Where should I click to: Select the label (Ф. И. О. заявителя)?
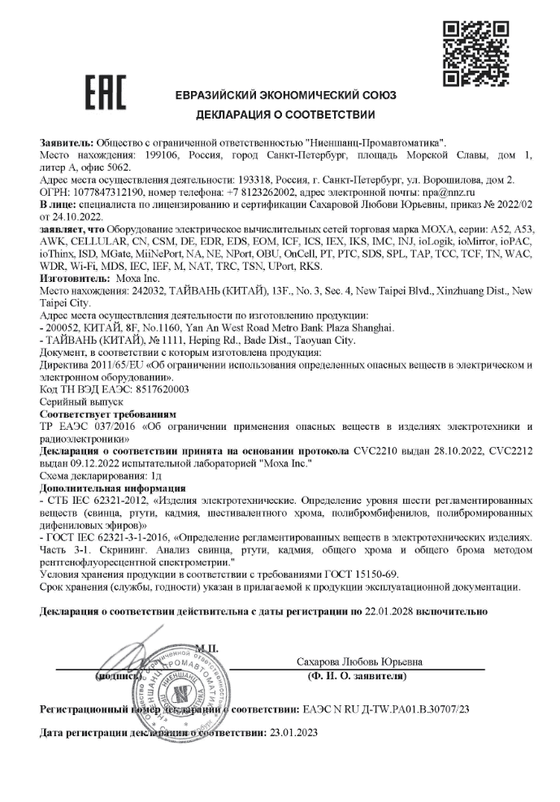click(x=358, y=675)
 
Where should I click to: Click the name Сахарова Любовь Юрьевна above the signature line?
click(x=359, y=661)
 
